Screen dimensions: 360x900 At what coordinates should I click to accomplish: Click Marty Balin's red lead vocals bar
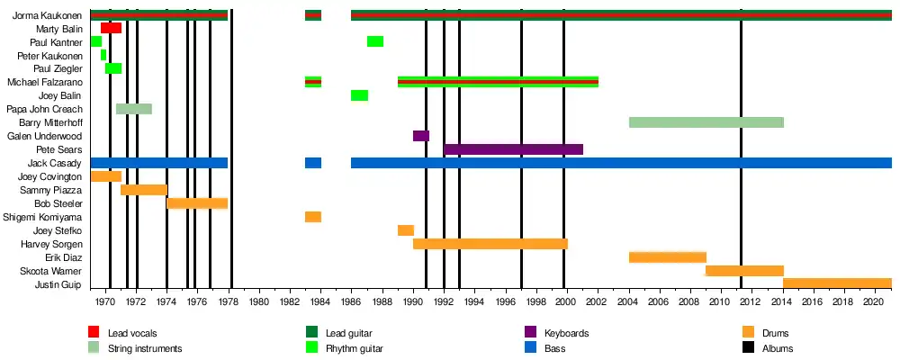[x=111, y=28]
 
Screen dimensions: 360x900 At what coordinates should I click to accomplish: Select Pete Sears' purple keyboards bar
[x=513, y=149]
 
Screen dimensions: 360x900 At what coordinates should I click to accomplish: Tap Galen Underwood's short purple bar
[x=421, y=136]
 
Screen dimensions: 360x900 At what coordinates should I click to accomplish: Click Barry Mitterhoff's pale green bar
[x=706, y=122]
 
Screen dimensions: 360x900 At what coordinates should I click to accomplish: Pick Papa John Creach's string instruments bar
[x=134, y=109]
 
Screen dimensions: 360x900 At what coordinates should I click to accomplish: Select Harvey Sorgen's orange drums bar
[x=490, y=244]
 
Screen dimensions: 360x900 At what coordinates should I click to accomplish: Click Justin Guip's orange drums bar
[x=837, y=284]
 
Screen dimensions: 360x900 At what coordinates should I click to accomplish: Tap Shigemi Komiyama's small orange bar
[x=313, y=217]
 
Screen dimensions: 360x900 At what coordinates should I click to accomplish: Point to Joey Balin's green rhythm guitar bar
[x=359, y=95]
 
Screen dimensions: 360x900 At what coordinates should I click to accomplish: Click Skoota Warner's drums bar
[x=744, y=271]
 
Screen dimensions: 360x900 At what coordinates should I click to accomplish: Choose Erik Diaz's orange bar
[x=667, y=257]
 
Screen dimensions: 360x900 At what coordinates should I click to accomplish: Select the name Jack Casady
[x=55, y=164]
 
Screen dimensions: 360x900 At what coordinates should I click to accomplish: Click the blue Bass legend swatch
[x=530, y=347]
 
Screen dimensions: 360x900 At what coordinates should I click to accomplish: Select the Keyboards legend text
[x=567, y=333]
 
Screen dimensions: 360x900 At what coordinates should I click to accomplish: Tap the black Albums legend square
[x=749, y=347]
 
